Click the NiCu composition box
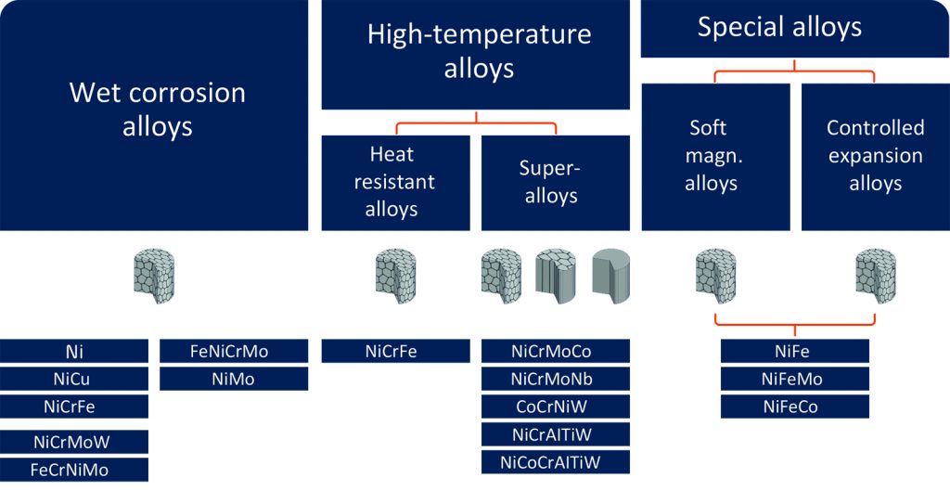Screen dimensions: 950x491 (x=74, y=379)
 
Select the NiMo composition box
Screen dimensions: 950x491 (x=234, y=379)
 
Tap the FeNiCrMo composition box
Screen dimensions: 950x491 (x=234, y=351)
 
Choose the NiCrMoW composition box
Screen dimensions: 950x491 (x=74, y=442)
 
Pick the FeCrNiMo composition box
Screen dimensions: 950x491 (x=74, y=470)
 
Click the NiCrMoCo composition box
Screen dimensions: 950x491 (x=556, y=351)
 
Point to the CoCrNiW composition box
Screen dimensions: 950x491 (x=556, y=407)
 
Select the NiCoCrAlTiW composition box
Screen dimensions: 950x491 (x=556, y=462)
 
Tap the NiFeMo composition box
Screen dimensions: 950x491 (x=795, y=379)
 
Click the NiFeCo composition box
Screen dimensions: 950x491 (x=795, y=407)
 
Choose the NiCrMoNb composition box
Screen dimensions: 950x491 (x=556, y=379)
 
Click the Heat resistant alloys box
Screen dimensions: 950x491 (x=395, y=183)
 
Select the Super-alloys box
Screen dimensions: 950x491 (x=556, y=183)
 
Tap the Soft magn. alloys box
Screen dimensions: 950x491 (x=715, y=157)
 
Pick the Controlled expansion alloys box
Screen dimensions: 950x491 (x=876, y=157)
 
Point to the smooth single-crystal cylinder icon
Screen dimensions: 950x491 (x=611, y=276)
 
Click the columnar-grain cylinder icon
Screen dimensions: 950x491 (x=556, y=276)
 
